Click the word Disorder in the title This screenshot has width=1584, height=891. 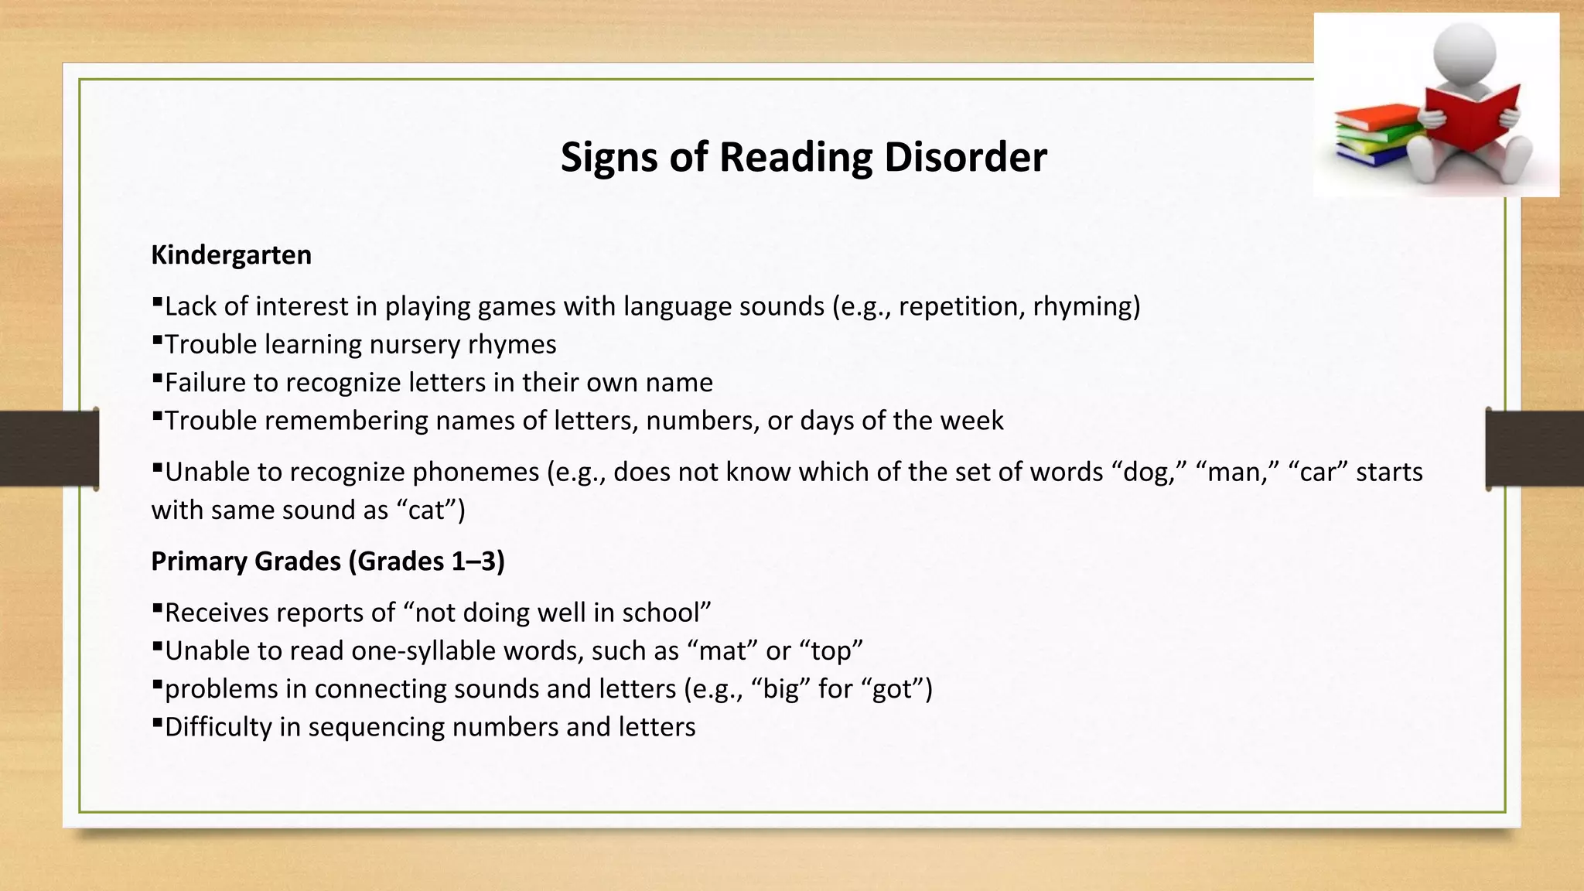[965, 157]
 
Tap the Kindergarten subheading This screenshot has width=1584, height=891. [231, 255]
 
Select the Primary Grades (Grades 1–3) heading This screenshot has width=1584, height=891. [328, 562]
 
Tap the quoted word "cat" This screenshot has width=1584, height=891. [426, 510]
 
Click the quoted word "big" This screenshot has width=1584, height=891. [780, 689]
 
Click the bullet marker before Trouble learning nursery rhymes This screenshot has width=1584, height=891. [157, 339]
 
